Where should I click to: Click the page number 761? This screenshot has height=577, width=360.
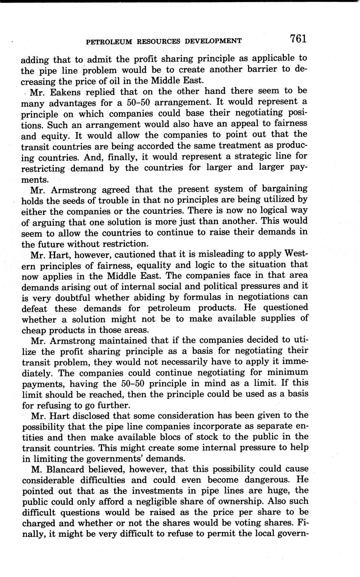pos(299,39)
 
